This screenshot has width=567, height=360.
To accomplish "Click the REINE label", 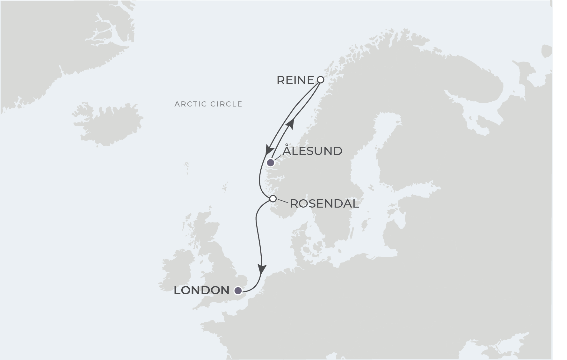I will pyautogui.click(x=295, y=80).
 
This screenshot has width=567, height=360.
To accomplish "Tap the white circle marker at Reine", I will pyautogui.click(x=321, y=80).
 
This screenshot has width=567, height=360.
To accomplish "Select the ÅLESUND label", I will pyautogui.click(x=312, y=151).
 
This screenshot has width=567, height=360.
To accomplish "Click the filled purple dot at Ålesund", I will pyautogui.click(x=271, y=163).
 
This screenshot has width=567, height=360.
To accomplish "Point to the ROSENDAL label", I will pyautogui.click(x=324, y=204).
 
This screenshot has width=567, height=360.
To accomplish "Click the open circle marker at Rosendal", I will pyautogui.click(x=273, y=199).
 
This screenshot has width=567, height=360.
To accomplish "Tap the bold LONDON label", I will pyautogui.click(x=201, y=290).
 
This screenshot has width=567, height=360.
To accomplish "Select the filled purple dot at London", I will pyautogui.click(x=238, y=291).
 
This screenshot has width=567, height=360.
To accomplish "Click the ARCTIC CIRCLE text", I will pyautogui.click(x=208, y=104).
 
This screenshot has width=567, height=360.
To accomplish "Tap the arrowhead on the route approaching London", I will pyautogui.click(x=262, y=270).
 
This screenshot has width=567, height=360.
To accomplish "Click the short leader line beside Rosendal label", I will pyautogui.click(x=283, y=201).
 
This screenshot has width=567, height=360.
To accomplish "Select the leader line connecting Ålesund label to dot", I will pyautogui.click(x=277, y=158).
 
